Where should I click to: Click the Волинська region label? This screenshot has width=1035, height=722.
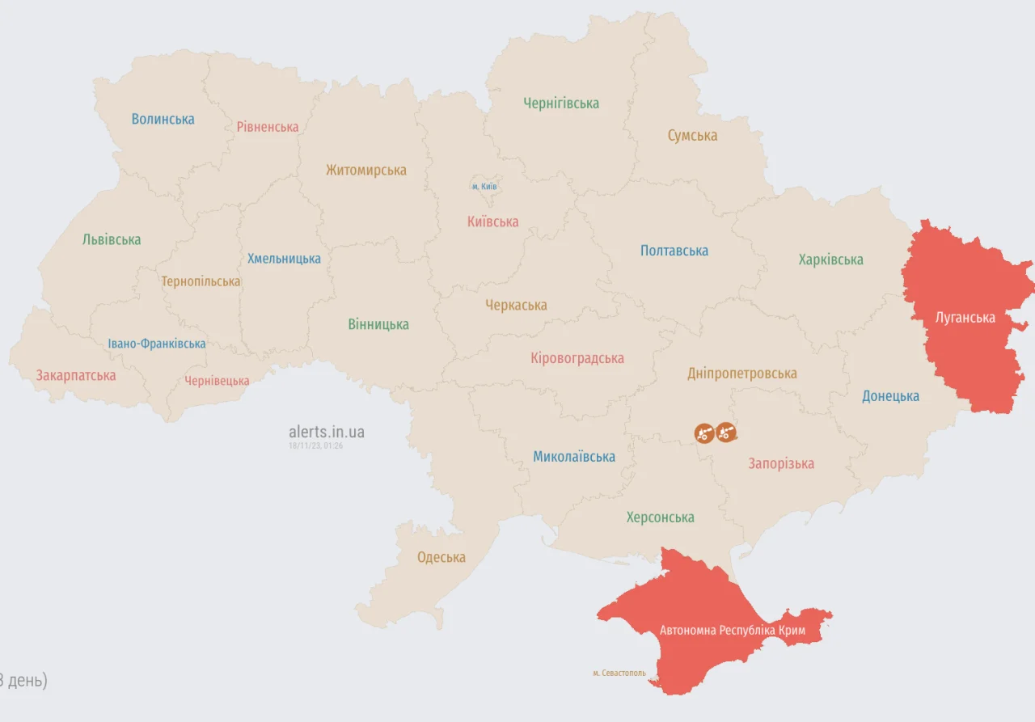[x=163, y=119]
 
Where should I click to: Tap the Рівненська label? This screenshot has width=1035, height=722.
[x=268, y=127]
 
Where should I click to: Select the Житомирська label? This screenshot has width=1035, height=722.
[x=365, y=170]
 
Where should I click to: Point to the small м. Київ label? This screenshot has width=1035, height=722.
[x=484, y=187]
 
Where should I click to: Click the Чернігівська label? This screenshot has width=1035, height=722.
[x=560, y=103]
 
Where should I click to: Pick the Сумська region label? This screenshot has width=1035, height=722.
[x=692, y=136]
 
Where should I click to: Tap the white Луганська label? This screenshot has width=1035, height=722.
[x=965, y=317]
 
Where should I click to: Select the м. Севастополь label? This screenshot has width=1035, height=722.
[x=619, y=673]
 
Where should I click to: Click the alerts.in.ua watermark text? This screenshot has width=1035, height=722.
[x=326, y=432]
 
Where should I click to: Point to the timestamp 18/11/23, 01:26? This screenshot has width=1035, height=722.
[x=315, y=445]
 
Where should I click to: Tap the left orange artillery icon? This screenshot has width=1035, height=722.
[x=703, y=433]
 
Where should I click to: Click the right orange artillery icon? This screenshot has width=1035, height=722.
[x=725, y=433]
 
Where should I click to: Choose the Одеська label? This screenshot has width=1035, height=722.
[x=441, y=557]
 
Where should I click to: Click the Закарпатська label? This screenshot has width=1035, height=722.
[x=75, y=375]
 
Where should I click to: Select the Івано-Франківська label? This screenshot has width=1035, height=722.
[x=157, y=344]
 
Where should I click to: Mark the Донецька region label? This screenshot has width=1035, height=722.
[x=890, y=396]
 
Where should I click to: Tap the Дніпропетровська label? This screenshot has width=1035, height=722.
[x=741, y=373]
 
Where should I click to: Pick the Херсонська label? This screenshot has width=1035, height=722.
[x=660, y=517]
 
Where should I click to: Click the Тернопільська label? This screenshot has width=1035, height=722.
[x=201, y=281]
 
